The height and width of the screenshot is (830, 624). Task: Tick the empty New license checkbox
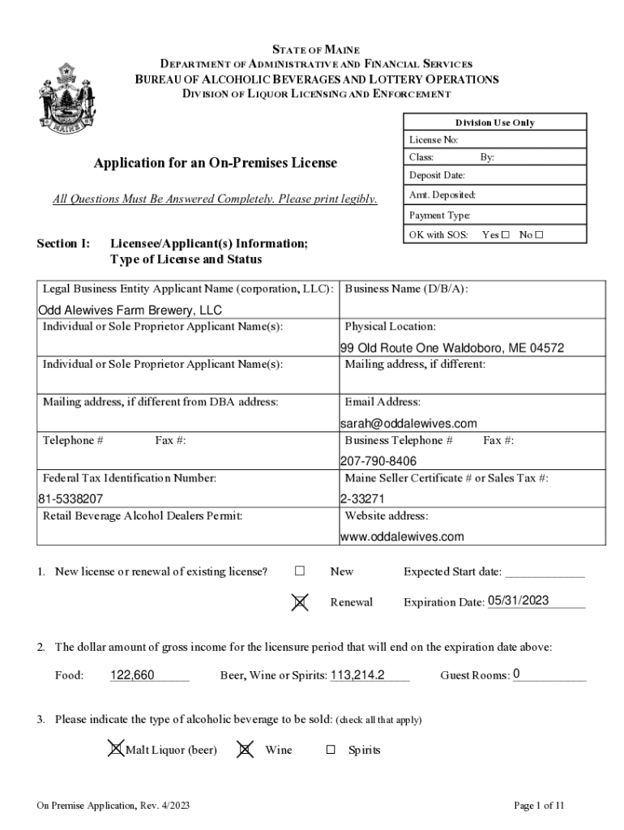tap(300, 571)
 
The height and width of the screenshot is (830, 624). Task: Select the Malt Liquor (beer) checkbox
tap(117, 750)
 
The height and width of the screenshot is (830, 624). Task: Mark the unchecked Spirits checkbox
tap(331, 751)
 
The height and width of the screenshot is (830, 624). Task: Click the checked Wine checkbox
tap(244, 750)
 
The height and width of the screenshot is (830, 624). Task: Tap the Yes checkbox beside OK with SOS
tap(506, 235)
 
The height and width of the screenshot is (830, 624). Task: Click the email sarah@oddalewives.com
tap(408, 423)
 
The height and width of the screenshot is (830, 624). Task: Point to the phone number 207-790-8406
tap(378, 461)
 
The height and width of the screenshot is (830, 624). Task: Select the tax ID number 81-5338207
tap(71, 498)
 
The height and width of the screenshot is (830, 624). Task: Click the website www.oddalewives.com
tap(401, 537)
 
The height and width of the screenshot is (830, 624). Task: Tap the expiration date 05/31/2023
tap(519, 601)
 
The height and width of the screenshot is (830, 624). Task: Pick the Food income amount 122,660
tap(132, 674)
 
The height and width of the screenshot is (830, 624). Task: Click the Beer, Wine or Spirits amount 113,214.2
tap(357, 674)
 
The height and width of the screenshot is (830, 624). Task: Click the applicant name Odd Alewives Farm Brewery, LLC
tap(130, 310)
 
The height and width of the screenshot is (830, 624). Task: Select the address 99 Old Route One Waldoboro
tap(451, 349)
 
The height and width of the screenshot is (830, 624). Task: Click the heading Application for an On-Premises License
tap(215, 163)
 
